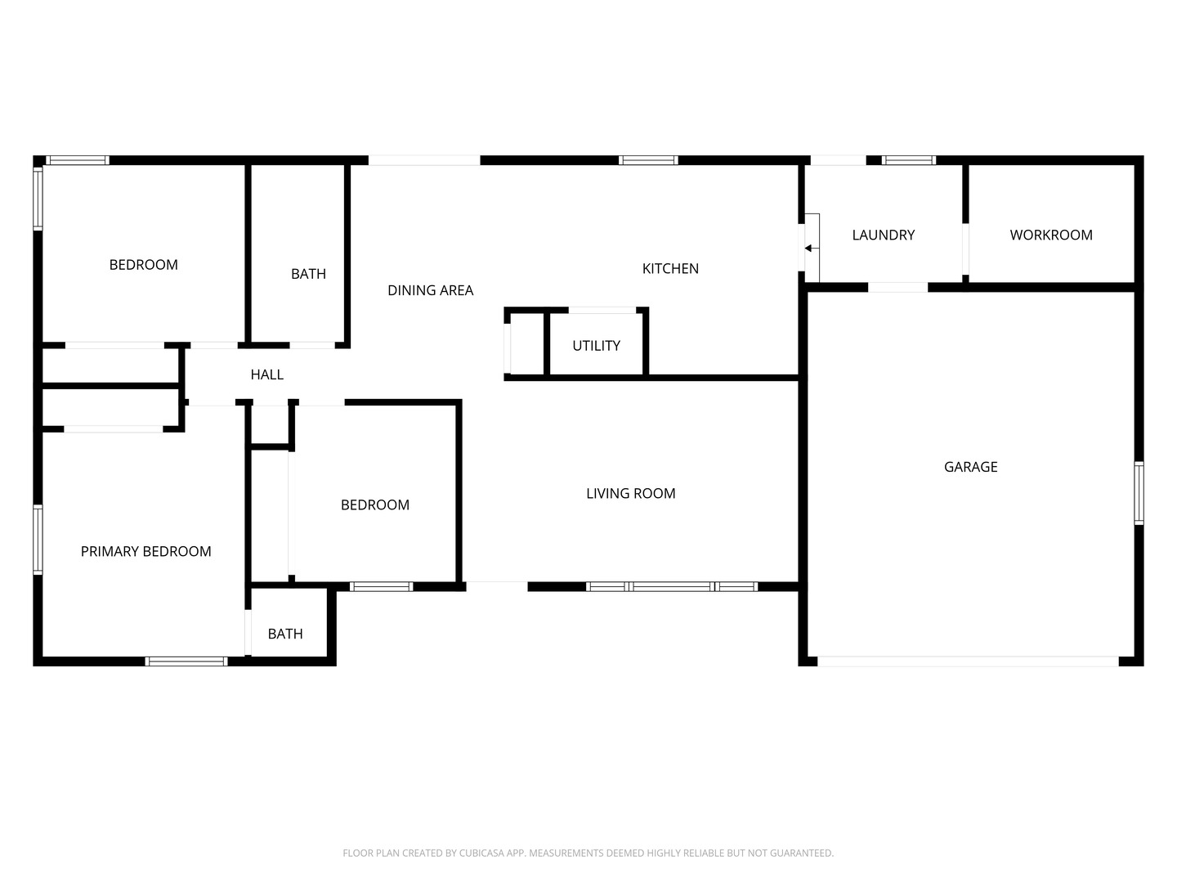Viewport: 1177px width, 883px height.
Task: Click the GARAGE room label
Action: [x=970, y=467]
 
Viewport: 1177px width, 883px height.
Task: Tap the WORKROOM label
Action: [x=1051, y=235]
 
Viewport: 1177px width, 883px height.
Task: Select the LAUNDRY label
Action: [x=883, y=235]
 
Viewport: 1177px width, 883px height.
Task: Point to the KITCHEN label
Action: [x=670, y=269]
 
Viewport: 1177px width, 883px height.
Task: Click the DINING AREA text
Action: [x=430, y=290]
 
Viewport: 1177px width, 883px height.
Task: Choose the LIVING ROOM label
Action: [x=630, y=493]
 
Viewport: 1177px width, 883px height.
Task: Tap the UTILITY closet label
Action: [x=597, y=346]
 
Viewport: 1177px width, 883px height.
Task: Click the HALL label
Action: [x=267, y=374]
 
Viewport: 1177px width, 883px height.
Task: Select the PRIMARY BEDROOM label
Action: [x=145, y=551]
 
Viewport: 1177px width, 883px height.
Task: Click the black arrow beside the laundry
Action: [x=812, y=249]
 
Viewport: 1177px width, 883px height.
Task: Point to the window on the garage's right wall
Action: [x=1139, y=493]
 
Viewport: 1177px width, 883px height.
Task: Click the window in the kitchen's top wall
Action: [x=648, y=160]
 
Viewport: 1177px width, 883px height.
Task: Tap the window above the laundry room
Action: [x=909, y=160]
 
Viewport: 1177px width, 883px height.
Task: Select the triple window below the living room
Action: [x=671, y=586]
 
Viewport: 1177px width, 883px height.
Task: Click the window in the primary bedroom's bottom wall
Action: [x=186, y=661]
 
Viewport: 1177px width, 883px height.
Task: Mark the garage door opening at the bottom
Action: [x=968, y=661]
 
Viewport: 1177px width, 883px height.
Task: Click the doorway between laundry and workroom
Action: [x=965, y=249]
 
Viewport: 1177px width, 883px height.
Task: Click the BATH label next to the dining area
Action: [x=308, y=274]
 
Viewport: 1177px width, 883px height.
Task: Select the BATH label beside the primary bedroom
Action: [x=285, y=634]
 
